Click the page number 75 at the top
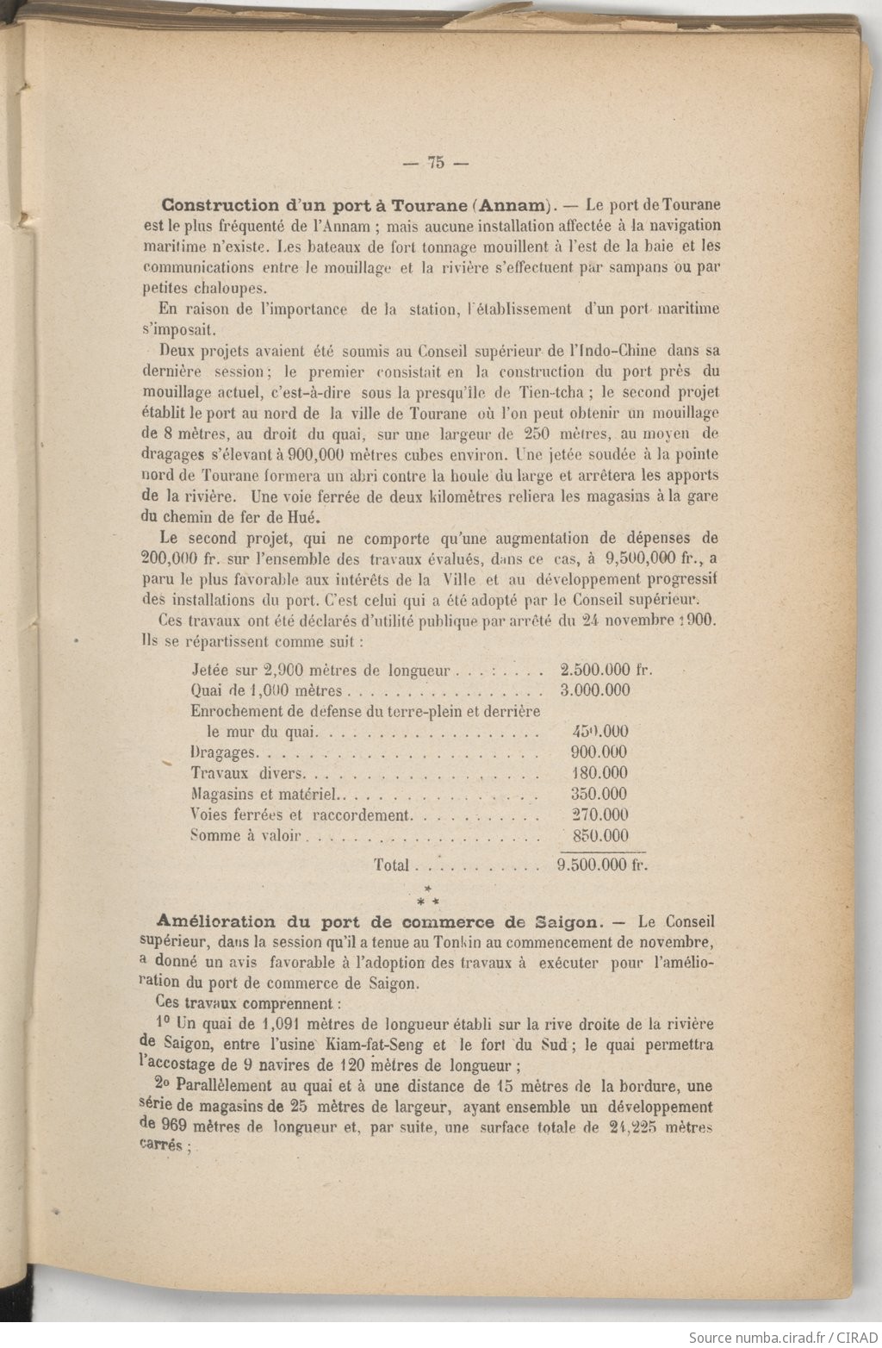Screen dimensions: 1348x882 (x=435, y=161)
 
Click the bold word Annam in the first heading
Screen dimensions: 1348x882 (x=511, y=206)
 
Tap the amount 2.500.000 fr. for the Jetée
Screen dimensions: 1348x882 (x=607, y=669)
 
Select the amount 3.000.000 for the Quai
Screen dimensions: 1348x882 (x=595, y=690)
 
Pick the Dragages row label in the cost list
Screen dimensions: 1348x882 (x=222, y=752)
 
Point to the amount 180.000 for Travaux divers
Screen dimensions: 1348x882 (x=599, y=773)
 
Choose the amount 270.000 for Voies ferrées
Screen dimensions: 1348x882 (x=599, y=814)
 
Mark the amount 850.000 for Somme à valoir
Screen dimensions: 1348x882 (x=599, y=835)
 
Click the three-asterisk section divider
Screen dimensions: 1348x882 (x=426, y=896)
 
